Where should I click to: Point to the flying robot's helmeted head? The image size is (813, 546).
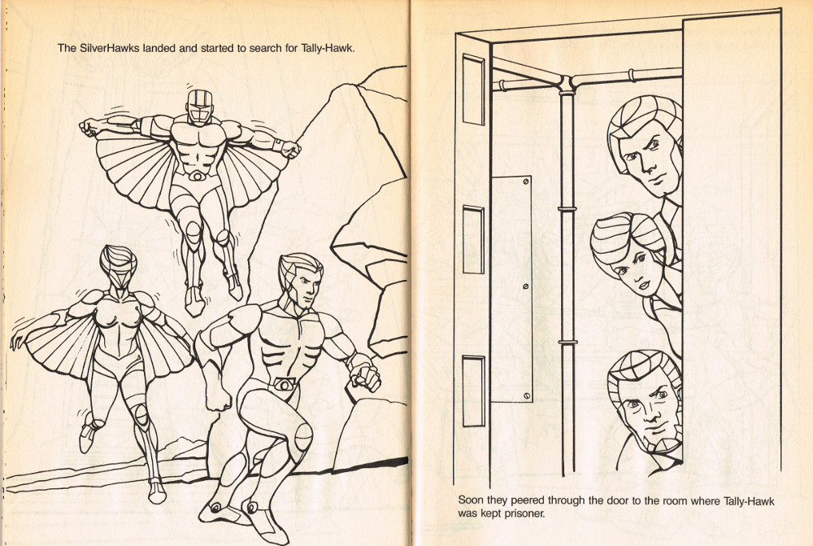(x=200, y=107)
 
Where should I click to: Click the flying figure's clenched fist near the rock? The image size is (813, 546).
(x=291, y=150)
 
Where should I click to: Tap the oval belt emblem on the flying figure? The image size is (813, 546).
(x=198, y=176)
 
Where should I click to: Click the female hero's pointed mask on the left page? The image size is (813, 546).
(x=118, y=268)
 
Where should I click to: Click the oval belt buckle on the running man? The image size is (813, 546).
(x=284, y=385)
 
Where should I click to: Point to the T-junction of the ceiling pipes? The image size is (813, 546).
(x=566, y=83)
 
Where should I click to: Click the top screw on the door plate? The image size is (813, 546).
(x=526, y=181)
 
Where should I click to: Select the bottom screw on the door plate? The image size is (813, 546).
(x=526, y=396)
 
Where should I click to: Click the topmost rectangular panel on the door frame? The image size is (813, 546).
(x=473, y=90)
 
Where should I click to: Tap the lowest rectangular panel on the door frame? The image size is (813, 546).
(x=473, y=391)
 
